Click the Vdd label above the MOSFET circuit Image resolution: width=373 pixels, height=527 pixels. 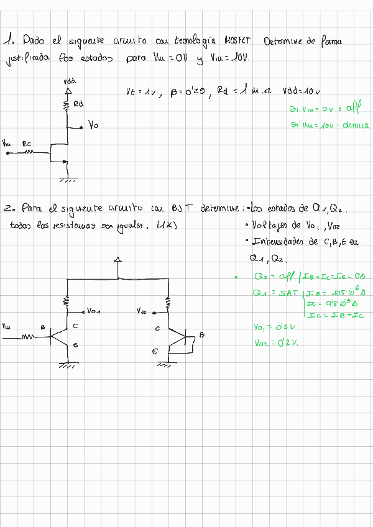(x=70, y=81)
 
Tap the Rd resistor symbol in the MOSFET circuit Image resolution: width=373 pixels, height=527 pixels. (x=67, y=106)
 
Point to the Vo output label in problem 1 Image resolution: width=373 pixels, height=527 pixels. (x=93, y=126)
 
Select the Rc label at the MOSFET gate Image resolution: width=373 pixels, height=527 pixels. (x=27, y=144)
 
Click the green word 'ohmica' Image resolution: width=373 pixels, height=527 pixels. (x=355, y=126)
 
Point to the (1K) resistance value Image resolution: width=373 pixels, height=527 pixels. (x=167, y=225)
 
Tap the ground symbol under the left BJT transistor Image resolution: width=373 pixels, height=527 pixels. (x=67, y=365)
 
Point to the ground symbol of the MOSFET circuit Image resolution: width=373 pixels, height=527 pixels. (x=67, y=180)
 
